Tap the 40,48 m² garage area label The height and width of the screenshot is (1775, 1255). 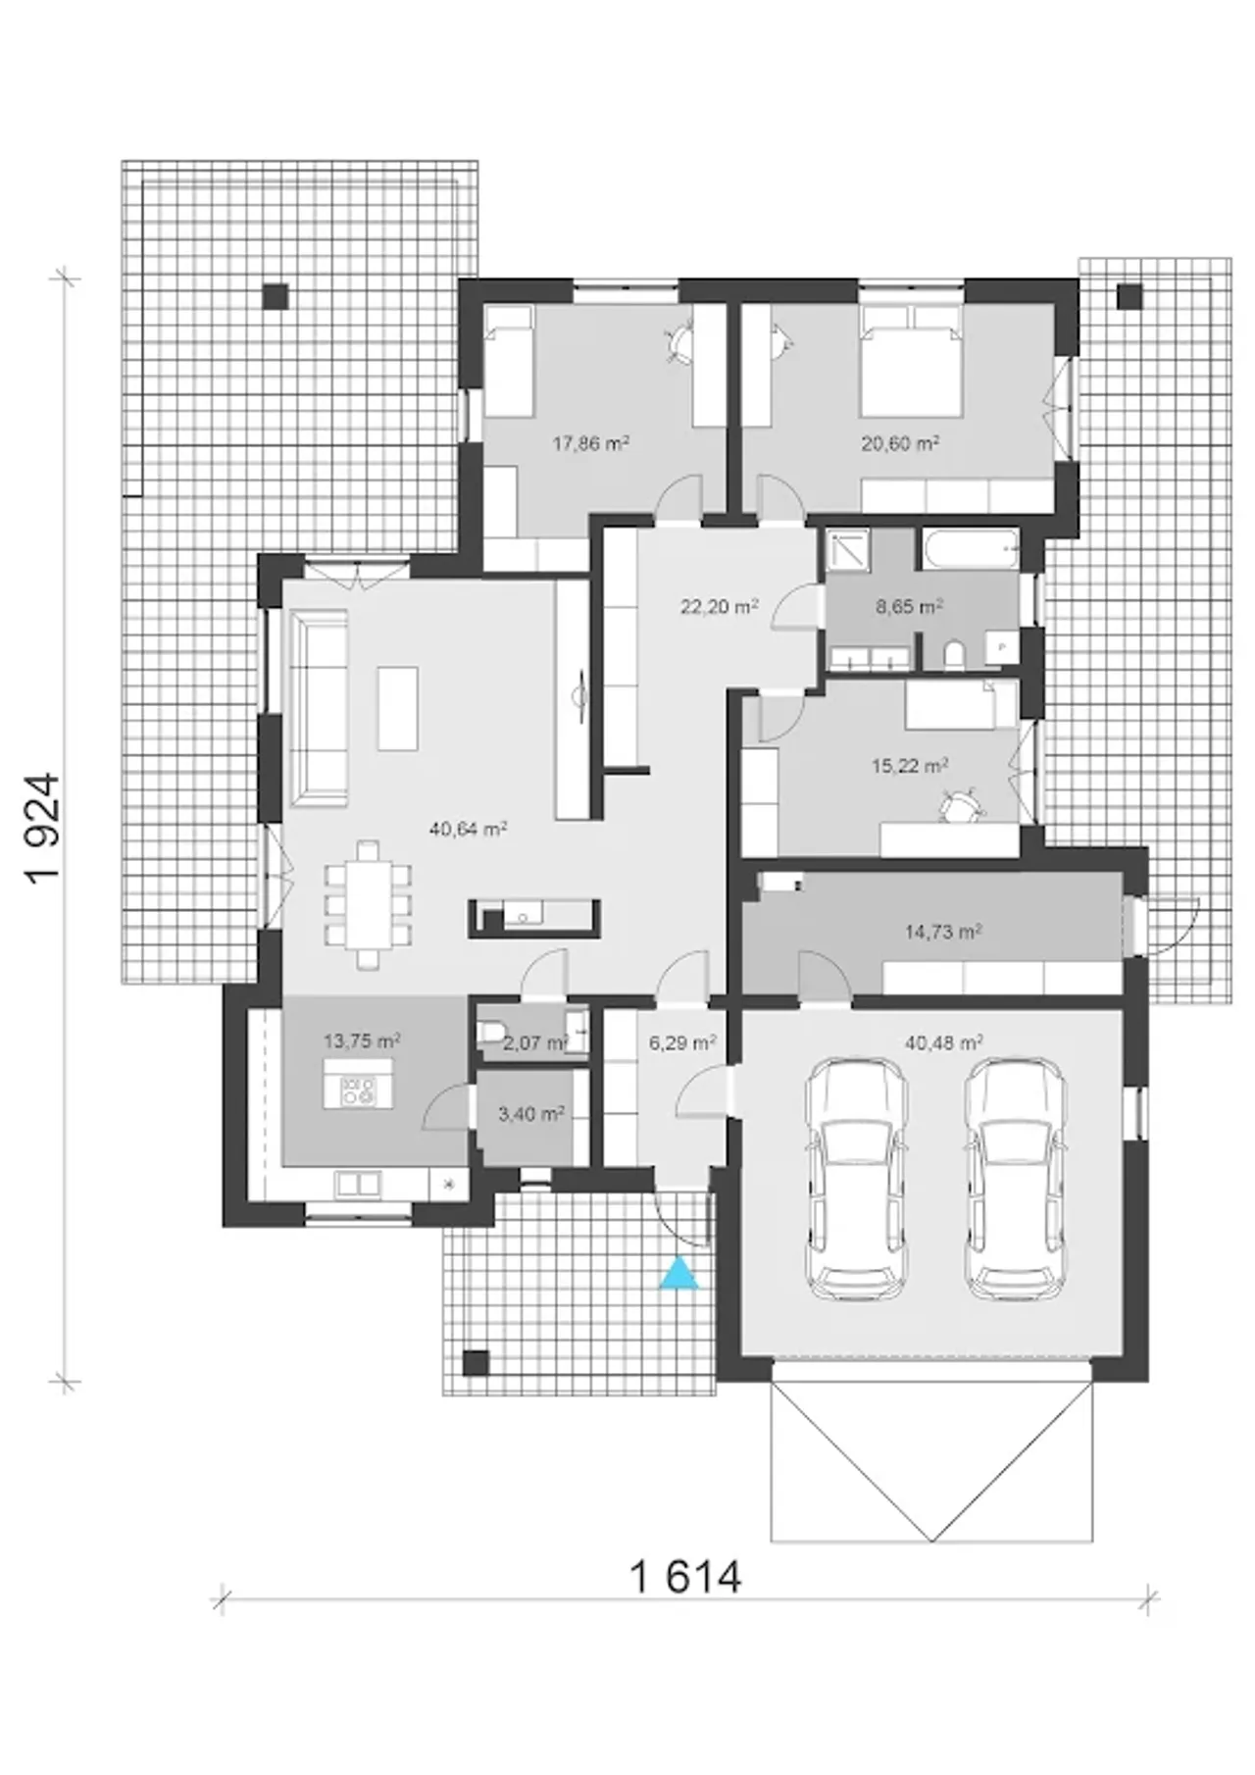tap(944, 1041)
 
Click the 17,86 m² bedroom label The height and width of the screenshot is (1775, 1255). tap(590, 443)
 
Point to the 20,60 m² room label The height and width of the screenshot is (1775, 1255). tap(900, 443)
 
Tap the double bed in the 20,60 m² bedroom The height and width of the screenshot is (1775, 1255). tap(909, 361)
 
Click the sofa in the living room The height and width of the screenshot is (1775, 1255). tap(318, 704)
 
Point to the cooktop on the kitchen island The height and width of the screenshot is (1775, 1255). tap(357, 1091)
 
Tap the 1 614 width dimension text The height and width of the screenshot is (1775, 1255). tap(684, 1577)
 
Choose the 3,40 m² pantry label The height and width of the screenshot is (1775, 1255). tap(530, 1114)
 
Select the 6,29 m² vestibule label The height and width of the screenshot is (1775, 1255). tap(681, 1042)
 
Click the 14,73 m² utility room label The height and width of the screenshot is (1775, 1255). tap(943, 932)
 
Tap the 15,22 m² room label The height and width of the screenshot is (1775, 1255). tap(909, 765)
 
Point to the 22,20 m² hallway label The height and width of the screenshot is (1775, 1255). tap(719, 606)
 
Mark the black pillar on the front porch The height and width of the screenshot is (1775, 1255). tap(476, 1363)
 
